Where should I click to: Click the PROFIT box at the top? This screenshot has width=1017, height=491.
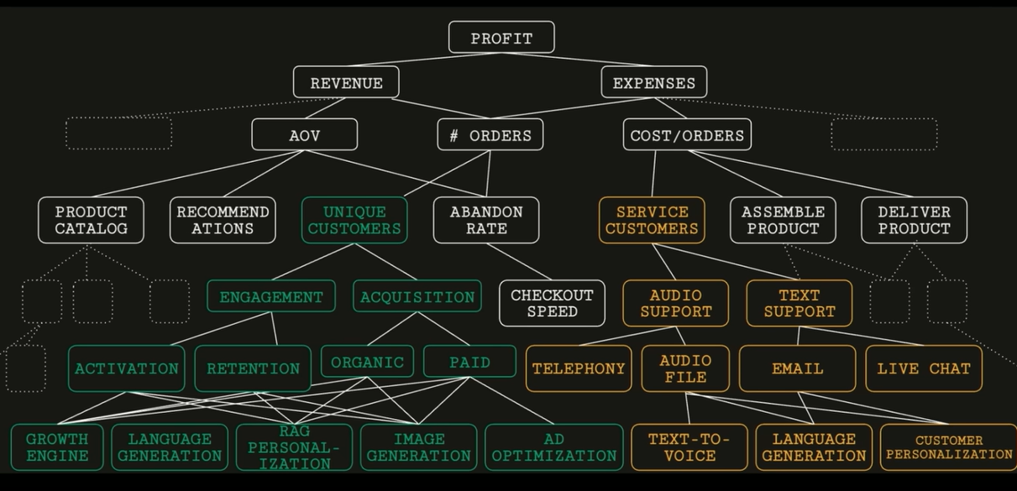[x=501, y=38]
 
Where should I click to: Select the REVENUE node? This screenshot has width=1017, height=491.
[x=346, y=83]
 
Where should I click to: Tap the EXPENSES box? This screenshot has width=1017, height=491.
[x=654, y=83]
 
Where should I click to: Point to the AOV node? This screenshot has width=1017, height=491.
[x=304, y=135]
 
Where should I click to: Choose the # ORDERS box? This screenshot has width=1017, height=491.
[x=490, y=135]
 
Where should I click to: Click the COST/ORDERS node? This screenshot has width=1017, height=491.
[x=687, y=135]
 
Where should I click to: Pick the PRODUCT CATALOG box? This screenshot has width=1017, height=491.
[x=91, y=220]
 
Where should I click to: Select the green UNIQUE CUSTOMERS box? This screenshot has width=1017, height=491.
[x=354, y=220]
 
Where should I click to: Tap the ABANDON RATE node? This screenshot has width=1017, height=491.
[x=486, y=220]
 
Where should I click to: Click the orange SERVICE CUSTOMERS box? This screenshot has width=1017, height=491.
[x=652, y=220]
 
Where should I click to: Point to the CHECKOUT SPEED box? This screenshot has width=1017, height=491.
[x=552, y=303]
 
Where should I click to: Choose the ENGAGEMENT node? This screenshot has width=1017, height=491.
[x=271, y=296]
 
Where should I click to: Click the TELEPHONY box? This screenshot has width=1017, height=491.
[x=579, y=368]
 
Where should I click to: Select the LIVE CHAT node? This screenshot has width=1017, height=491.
[x=924, y=368]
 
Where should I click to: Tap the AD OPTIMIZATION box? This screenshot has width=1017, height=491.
[x=554, y=447]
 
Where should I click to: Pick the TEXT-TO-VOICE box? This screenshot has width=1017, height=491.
[x=689, y=447]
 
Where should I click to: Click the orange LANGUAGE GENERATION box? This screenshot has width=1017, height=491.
[x=814, y=447]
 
